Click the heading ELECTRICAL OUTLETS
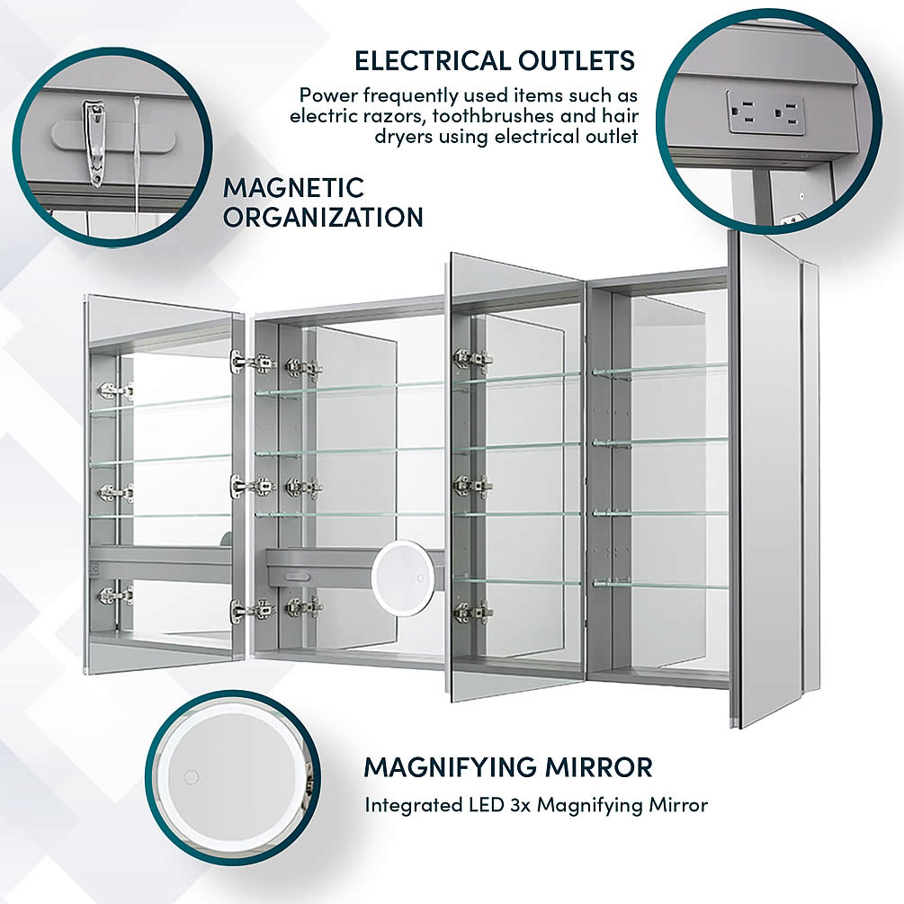click(x=494, y=60)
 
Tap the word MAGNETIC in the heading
click(x=293, y=188)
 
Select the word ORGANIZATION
click(x=323, y=217)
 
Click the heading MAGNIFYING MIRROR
click(x=507, y=767)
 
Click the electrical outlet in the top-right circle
click(x=765, y=112)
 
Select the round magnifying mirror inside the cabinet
click(x=398, y=577)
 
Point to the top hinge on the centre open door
click(x=472, y=359)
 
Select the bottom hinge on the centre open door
click(x=472, y=613)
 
